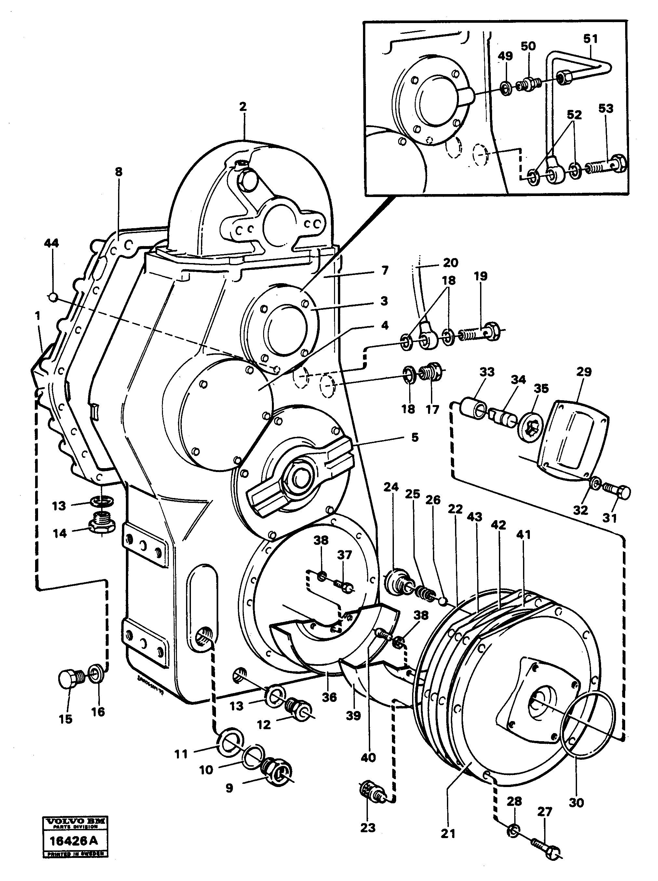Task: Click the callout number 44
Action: pyautogui.click(x=51, y=243)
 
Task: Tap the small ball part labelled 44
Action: pyautogui.click(x=53, y=297)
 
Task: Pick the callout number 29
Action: pyautogui.click(x=584, y=372)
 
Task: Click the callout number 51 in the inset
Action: pyautogui.click(x=591, y=39)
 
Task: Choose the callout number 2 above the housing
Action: pyautogui.click(x=243, y=106)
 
